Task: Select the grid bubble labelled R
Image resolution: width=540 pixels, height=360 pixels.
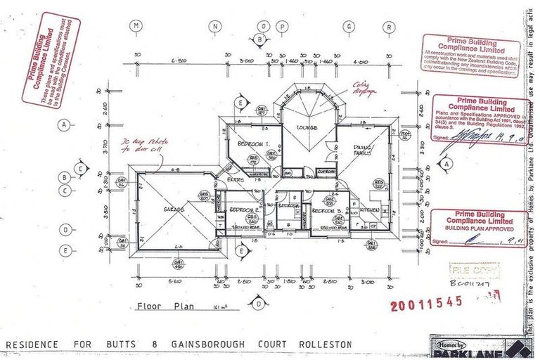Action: (387, 27)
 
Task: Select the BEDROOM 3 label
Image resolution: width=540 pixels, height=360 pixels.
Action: (327, 211)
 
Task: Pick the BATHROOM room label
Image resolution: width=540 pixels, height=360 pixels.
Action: (288, 206)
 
